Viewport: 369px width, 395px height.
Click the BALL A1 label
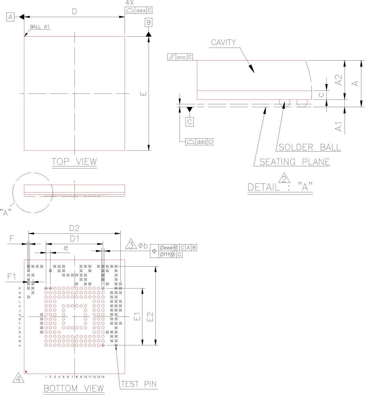(x=40, y=27)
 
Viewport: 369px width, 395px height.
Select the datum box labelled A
(x=10, y=17)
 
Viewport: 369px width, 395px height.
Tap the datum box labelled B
(x=148, y=23)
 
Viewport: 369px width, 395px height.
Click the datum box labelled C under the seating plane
(x=189, y=122)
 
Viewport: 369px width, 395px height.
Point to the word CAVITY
(x=224, y=42)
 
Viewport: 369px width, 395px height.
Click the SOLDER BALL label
(x=309, y=147)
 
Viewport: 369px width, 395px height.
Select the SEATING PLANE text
(x=295, y=162)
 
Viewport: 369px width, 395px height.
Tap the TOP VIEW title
(x=74, y=161)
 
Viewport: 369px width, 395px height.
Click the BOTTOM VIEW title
(x=74, y=388)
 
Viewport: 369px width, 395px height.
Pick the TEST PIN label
(x=139, y=384)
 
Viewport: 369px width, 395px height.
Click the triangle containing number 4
(x=18, y=378)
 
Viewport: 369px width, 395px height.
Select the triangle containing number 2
(x=284, y=178)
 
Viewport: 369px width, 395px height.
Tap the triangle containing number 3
(x=131, y=244)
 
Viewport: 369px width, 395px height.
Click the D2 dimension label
(x=74, y=228)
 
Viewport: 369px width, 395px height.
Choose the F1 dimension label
(x=12, y=276)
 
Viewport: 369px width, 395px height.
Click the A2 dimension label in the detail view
(x=338, y=80)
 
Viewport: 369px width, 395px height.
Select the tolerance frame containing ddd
(x=199, y=142)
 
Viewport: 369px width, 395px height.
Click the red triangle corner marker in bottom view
(x=26, y=371)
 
